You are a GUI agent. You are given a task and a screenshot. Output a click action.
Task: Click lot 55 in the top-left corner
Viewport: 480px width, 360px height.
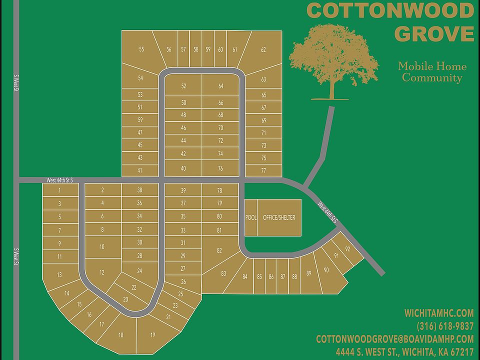141,49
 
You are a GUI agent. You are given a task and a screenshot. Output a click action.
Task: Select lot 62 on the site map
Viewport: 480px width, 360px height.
263,49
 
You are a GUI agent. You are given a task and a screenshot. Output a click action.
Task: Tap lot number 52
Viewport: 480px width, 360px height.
183,86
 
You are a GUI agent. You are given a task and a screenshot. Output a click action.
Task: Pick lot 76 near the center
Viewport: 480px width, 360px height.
220,168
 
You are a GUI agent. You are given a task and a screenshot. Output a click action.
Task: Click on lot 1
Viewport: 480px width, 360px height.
59,190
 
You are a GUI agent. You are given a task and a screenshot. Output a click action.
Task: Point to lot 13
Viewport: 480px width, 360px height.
59,274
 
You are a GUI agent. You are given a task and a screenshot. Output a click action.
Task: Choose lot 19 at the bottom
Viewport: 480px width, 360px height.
152,334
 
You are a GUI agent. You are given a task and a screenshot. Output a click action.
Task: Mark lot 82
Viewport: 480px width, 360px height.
219,250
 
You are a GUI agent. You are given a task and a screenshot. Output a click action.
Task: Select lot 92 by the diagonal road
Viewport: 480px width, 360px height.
347,248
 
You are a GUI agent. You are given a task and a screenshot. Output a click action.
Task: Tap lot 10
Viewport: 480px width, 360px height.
102,246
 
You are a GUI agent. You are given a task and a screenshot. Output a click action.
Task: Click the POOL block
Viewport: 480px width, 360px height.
250,217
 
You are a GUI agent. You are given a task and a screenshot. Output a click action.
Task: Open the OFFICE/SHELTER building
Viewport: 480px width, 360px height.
279,217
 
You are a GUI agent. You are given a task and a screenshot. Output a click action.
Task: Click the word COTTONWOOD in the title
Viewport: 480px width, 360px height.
390,10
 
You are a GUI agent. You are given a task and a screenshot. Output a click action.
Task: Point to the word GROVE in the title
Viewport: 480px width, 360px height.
433,34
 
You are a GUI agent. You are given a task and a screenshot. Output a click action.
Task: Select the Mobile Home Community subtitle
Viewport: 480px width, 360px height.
432,72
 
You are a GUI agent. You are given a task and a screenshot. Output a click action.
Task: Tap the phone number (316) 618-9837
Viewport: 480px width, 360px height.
445,326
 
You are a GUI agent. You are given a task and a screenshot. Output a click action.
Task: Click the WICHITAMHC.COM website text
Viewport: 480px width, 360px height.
438,313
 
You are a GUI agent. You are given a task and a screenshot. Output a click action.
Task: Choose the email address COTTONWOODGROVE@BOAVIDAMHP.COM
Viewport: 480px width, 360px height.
394,338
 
